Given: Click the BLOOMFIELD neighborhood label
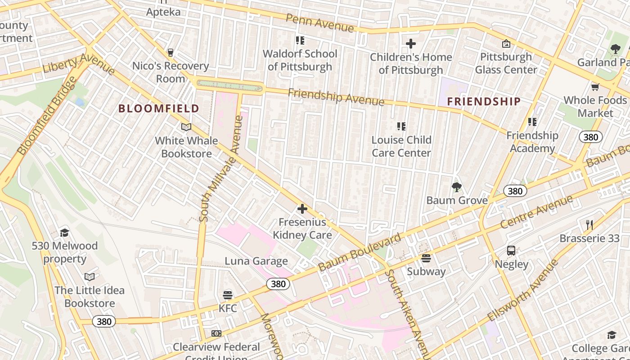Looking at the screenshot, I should point(158,108).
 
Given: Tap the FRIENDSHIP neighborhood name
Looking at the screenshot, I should point(484,102).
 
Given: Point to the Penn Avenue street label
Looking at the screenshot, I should point(319,23).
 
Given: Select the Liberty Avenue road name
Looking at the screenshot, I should point(79,64).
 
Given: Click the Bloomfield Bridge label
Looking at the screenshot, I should point(48,116).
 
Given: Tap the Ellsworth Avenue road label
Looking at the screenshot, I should point(522,291).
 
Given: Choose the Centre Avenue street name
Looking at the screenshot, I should point(536,211).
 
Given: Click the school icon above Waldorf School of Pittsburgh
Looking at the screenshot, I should point(300,40).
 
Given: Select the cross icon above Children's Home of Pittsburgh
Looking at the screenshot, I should point(411,44).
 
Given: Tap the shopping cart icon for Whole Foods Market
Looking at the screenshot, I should point(595,87).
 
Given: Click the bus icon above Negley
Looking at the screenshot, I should point(511,251).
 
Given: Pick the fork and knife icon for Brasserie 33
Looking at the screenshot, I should point(589,225).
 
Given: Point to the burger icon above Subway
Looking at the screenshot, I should point(426,258).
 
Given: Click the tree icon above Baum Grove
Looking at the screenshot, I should point(457,187).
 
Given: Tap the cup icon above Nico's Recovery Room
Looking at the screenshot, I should point(171,53).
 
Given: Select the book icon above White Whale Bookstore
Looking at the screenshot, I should point(186,127).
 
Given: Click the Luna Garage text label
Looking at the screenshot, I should point(256,261).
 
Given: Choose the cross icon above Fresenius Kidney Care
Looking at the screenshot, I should point(302,209).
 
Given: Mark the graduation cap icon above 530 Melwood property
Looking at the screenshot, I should point(64,233).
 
